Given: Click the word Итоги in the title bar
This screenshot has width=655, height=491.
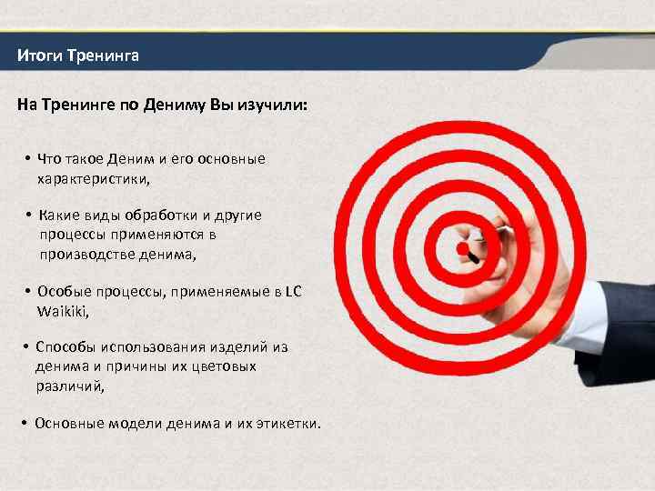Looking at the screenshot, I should [37, 56].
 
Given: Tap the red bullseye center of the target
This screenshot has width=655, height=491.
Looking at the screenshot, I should [462, 248].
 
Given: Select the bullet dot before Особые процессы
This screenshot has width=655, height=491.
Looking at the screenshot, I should [29, 292].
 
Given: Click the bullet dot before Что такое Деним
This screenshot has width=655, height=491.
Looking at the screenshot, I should [29, 159].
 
